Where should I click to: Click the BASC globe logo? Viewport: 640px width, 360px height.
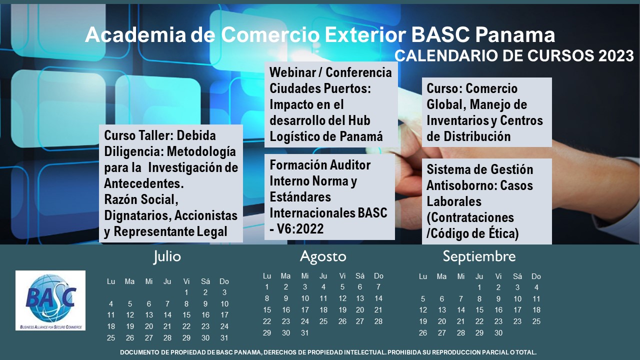point(50,300)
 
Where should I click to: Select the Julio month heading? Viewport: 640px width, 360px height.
point(167,257)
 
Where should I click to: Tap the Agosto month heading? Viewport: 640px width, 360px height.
point(323,257)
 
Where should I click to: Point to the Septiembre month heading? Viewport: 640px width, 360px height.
point(479,256)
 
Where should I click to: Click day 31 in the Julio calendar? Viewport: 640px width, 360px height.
point(224,338)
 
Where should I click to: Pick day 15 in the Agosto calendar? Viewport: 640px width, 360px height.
point(267,310)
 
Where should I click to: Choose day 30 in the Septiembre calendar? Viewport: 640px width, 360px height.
point(498,333)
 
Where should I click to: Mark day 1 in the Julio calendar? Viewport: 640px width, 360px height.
point(186,292)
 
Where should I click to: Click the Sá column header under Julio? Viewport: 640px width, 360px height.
point(205,281)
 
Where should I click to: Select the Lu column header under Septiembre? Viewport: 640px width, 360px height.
point(423,276)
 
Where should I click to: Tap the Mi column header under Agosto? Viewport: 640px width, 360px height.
point(305,275)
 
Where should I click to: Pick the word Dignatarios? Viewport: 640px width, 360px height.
point(137,215)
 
